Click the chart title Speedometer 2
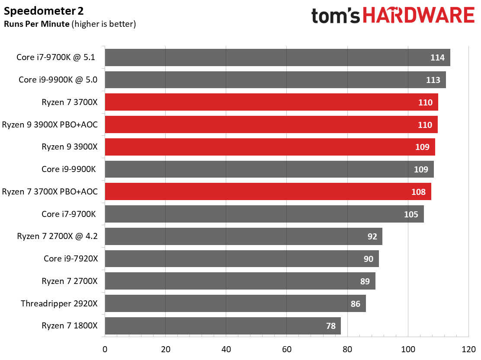tap(44, 11)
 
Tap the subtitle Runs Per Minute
tap(37, 24)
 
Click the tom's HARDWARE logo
tap(393, 16)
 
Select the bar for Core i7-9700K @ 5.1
tap(277, 57)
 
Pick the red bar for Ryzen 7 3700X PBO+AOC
tap(268, 191)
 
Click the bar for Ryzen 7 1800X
tap(223, 326)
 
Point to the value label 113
tap(433, 80)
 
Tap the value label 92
tap(372, 236)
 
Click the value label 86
tap(355, 304)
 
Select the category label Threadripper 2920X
tap(59, 304)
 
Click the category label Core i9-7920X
tap(71, 258)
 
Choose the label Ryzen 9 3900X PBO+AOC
tap(50, 125)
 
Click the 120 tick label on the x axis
tap(468, 349)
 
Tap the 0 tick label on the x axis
tap(105, 349)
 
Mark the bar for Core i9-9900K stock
tap(269, 169)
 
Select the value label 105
tap(411, 214)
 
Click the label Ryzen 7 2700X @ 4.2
tap(58, 236)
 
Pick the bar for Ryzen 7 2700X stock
tap(240, 281)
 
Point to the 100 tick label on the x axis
tap(408, 349)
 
